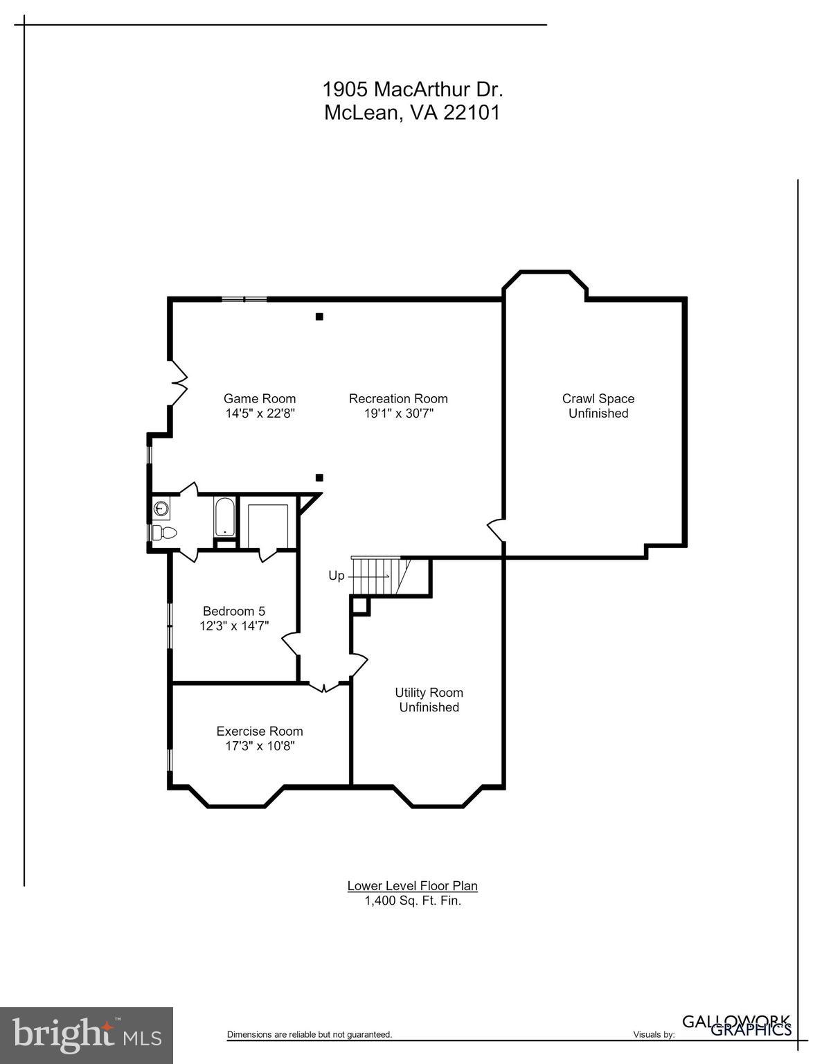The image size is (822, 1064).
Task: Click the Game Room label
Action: pos(259,398)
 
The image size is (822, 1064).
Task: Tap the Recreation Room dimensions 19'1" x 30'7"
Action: pos(398,414)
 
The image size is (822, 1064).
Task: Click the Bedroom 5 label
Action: pos(233,611)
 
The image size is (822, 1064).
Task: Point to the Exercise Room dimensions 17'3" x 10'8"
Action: pos(259,746)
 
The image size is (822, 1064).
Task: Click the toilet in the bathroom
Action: pos(164,533)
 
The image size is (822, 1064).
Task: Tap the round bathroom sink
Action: pos(161,508)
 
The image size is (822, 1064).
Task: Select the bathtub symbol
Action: pos(225,517)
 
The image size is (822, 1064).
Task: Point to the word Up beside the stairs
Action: pos(337,576)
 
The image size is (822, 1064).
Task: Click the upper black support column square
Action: pos(319,317)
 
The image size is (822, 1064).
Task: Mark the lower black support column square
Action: pos(319,477)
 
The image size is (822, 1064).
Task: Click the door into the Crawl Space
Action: pos(496,530)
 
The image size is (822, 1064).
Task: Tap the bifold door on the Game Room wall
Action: pos(179,381)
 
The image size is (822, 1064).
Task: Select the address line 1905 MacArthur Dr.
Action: pos(412,89)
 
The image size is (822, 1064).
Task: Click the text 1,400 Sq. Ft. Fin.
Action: pos(412,901)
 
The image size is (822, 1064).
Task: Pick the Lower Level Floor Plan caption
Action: pos(412,885)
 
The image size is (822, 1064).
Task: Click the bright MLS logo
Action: pos(87,1035)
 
